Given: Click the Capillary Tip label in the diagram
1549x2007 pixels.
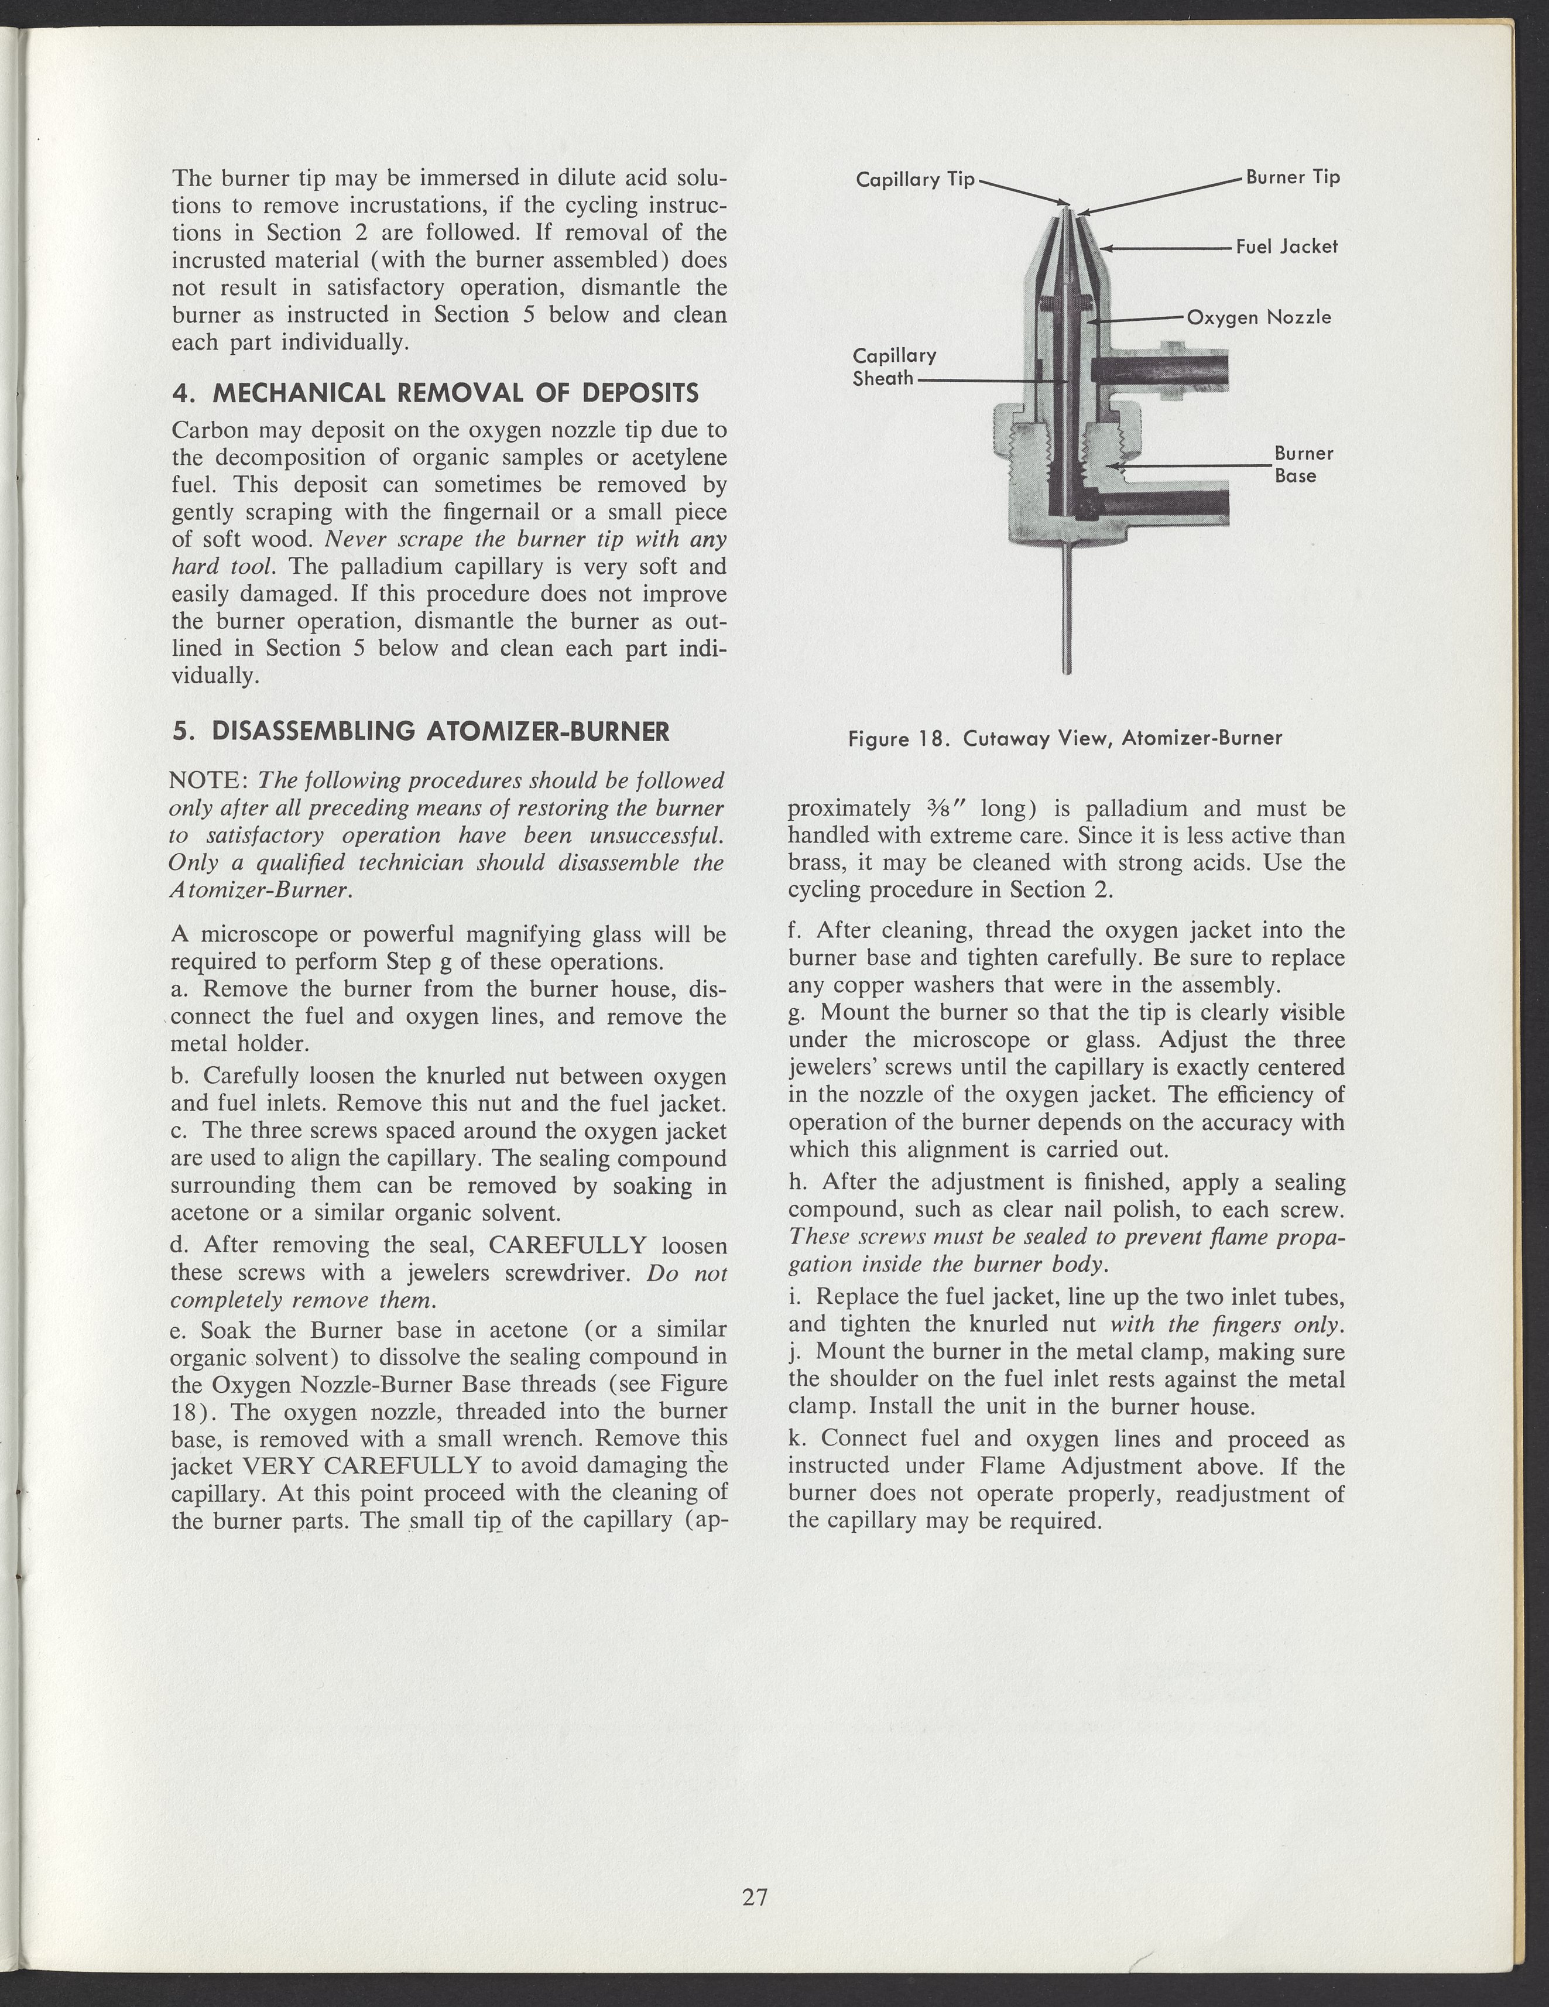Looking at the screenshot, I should point(914,179).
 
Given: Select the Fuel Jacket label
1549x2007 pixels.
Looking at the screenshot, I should point(1286,246).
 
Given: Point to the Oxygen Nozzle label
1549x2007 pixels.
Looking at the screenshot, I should point(1259,317).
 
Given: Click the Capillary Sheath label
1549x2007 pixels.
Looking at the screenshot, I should point(894,367).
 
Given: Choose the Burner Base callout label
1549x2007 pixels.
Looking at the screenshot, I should point(1303,464).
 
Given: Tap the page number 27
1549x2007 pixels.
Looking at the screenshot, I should point(755,1897).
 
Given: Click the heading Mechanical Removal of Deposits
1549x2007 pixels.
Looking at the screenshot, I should point(436,393).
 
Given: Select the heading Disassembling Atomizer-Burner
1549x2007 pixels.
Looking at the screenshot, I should point(421,731).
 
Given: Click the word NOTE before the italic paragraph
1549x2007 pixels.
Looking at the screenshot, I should point(208,781).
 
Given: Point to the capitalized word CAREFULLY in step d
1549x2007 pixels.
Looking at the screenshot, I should point(568,1245).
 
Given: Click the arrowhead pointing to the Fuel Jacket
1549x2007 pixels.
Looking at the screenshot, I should point(1107,247).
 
